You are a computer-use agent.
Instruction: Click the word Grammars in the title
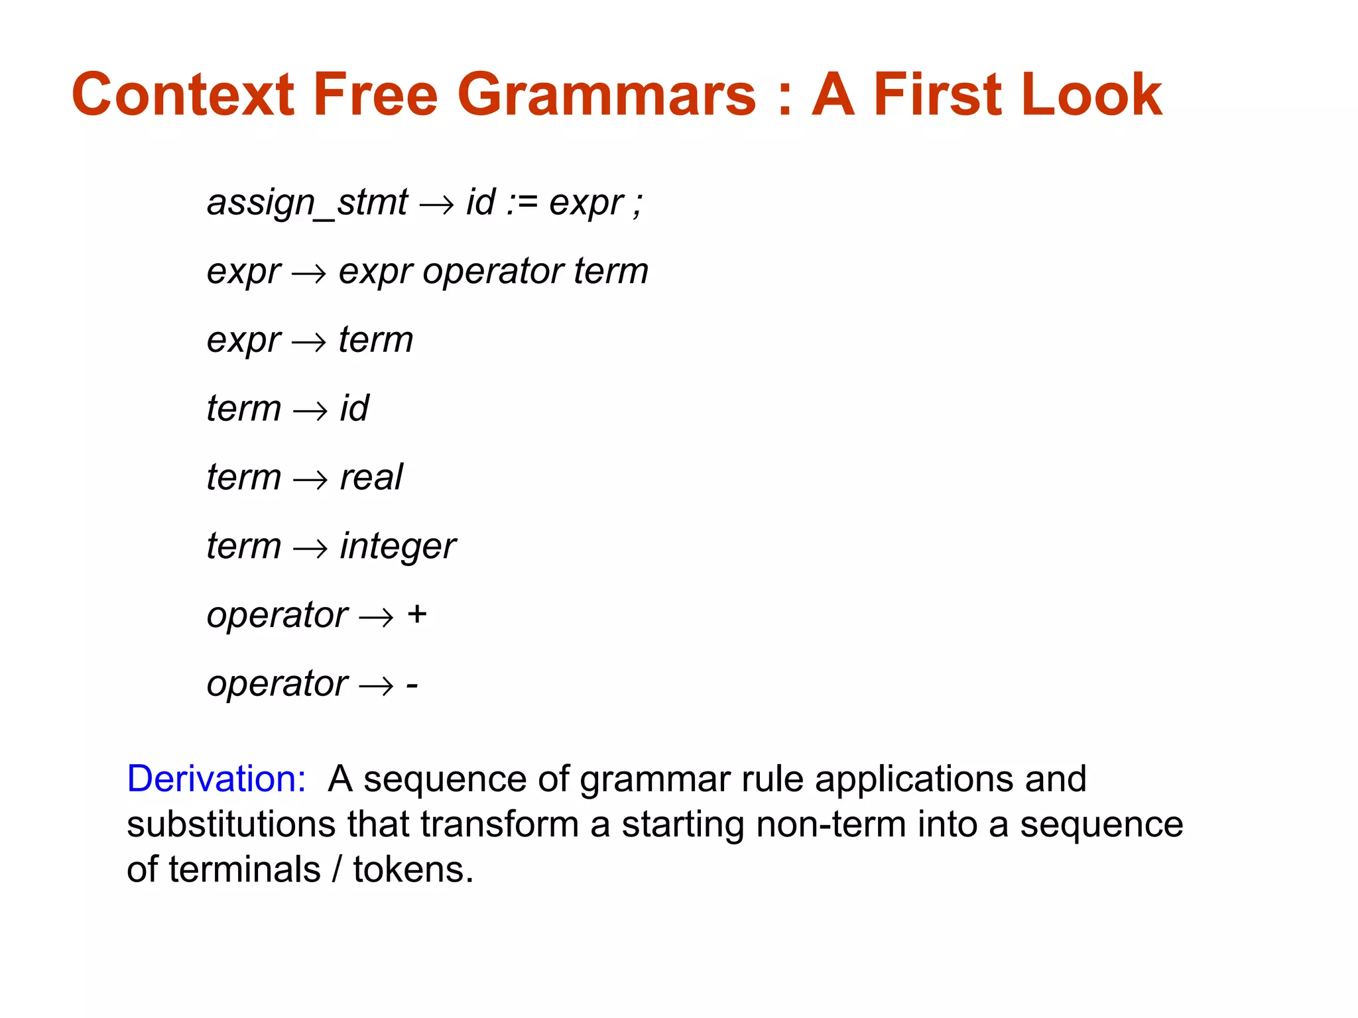606,95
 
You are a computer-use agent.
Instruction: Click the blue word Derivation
216,779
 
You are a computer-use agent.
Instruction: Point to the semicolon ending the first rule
637,204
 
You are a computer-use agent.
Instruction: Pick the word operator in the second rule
493,272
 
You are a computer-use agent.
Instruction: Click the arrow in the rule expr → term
309,342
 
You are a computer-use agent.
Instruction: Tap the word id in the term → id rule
354,408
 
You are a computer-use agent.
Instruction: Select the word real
371,477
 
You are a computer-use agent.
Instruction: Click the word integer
398,547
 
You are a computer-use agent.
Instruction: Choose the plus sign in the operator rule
417,614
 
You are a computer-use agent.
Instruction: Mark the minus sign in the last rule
412,685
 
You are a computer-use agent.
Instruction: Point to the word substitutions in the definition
231,824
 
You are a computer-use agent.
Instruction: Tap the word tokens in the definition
412,870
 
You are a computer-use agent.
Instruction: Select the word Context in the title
183,95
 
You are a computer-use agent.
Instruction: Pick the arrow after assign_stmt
436,204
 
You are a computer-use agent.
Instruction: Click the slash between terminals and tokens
337,870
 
